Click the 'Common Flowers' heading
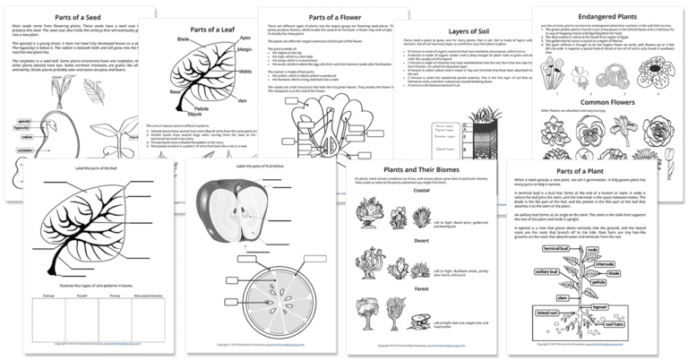click(x=606, y=127)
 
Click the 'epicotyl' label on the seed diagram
click(x=28, y=119)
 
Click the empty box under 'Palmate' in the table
click(x=53, y=325)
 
